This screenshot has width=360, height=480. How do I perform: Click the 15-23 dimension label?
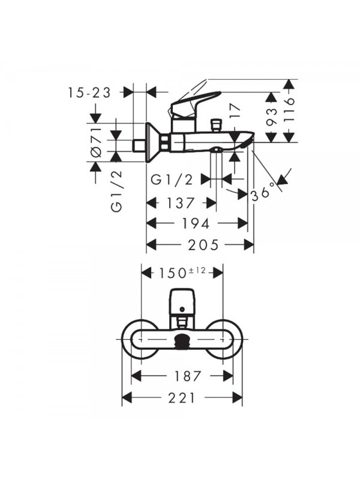coord(90,92)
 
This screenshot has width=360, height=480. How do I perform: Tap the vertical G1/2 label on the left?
coord(118,190)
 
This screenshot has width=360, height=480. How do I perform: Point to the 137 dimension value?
coord(178,203)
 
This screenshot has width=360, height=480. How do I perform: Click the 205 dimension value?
coord(201,244)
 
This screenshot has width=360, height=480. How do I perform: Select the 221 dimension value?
coord(182,397)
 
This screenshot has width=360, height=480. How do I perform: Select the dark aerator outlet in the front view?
coord(182,343)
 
